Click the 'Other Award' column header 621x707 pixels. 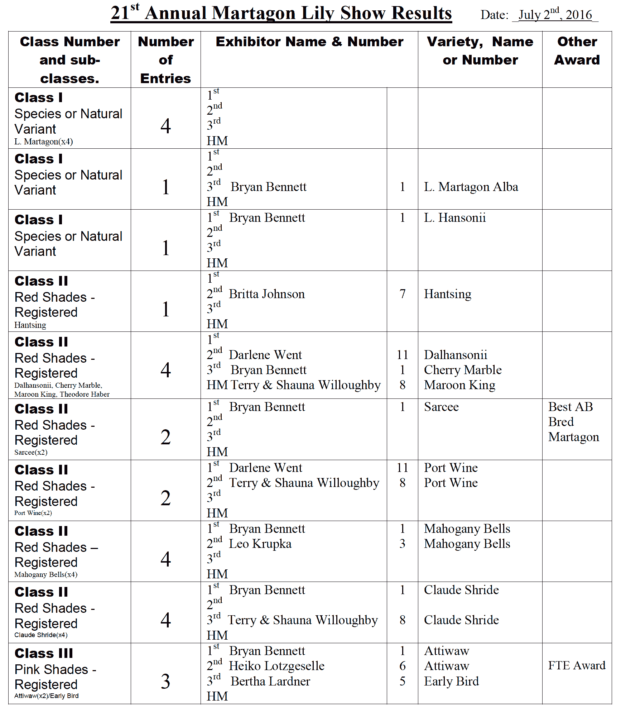pos(577,51)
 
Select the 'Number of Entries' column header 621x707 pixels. pos(165,59)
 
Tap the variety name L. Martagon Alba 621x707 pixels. pos(471,187)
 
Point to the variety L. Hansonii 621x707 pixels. pos(454,218)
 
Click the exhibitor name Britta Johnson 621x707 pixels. pos(266,294)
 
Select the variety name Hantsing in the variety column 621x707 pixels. pos(447,294)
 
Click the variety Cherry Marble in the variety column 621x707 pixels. pos(462,370)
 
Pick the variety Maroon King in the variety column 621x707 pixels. pos(459,385)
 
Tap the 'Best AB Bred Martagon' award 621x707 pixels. pos(573,422)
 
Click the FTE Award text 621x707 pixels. pos(576,666)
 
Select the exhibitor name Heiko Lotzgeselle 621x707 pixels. pos(276,666)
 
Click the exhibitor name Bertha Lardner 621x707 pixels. pos(270,681)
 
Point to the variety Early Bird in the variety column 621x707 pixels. pos(451,681)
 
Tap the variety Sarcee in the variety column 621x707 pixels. pos(441,407)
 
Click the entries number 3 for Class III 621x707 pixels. pos(165,681)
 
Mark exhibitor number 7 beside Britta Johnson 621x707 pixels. pos(402,294)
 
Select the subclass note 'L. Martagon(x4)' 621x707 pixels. pos(43,142)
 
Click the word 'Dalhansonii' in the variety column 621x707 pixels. pos(455,355)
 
